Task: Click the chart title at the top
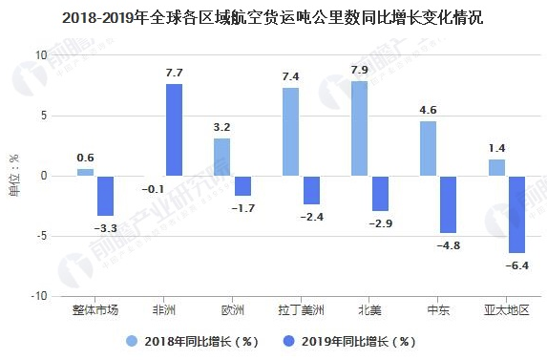(x=273, y=17)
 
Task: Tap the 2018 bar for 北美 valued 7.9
(x=359, y=128)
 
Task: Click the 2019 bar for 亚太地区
(x=517, y=214)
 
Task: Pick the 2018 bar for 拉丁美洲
(x=290, y=132)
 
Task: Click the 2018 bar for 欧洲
(x=221, y=157)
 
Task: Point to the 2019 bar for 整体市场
(x=105, y=196)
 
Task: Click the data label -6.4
(x=517, y=265)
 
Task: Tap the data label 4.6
(x=429, y=110)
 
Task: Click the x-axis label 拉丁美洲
(x=299, y=310)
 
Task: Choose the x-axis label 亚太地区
(x=506, y=310)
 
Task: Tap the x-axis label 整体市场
(x=95, y=310)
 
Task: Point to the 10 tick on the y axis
(x=40, y=55)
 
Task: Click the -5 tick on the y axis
(x=40, y=236)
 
